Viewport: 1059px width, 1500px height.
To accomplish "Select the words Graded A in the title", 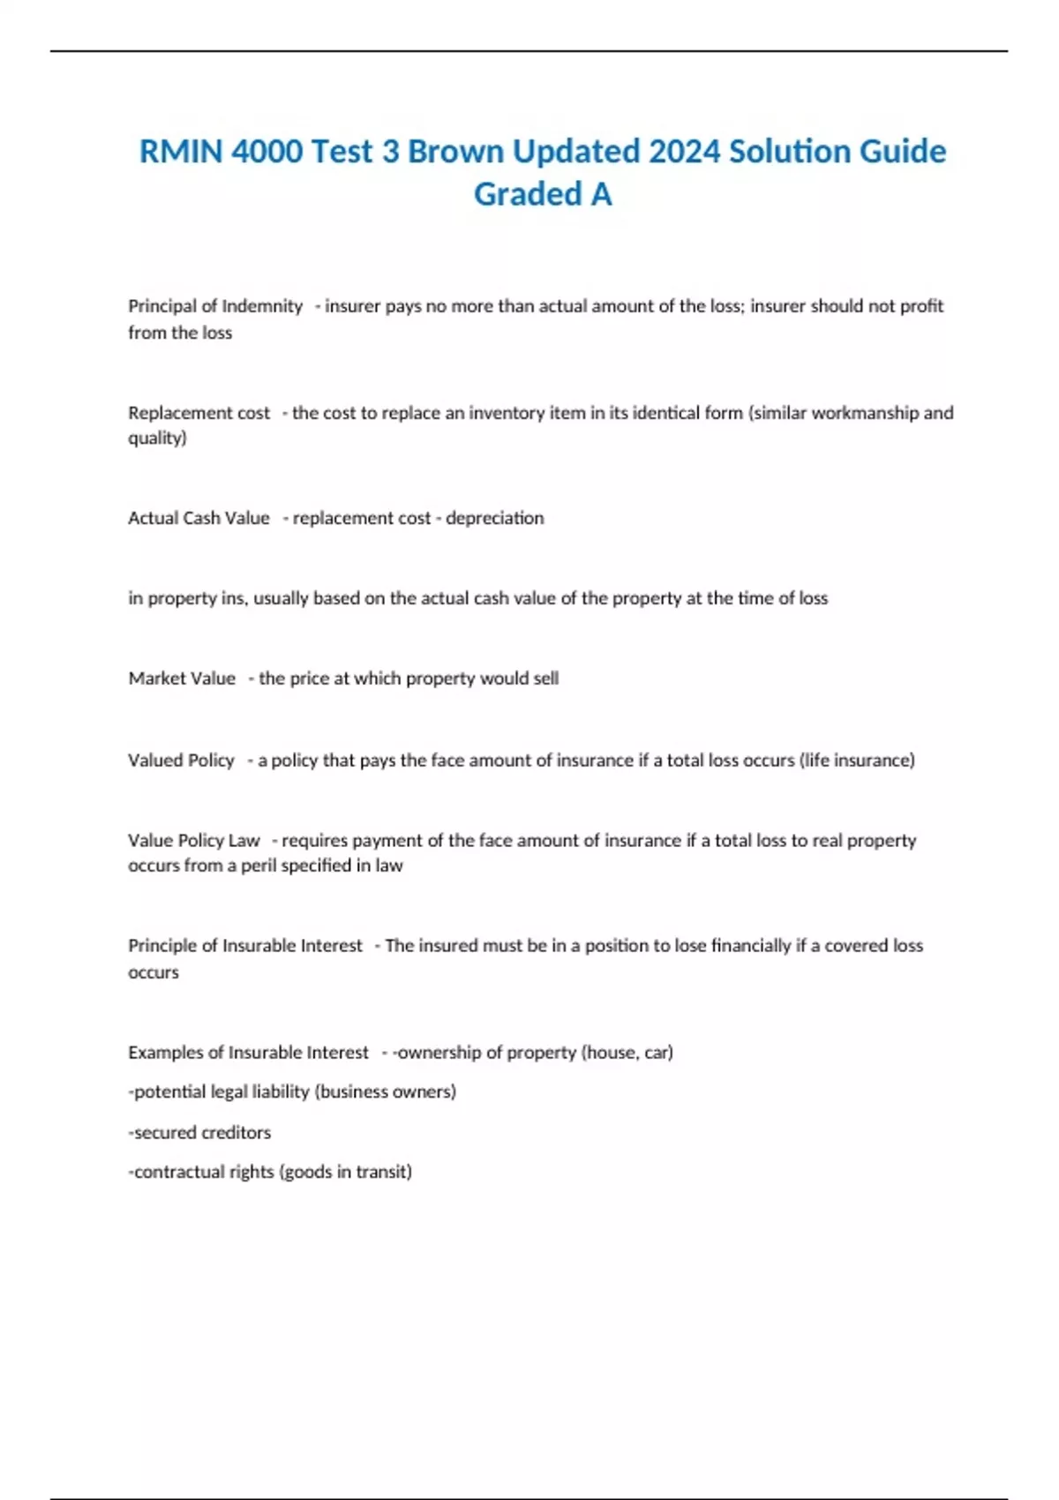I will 543,194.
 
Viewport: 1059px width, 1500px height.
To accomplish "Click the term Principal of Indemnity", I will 215,306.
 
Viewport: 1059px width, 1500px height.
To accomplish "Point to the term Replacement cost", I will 199,413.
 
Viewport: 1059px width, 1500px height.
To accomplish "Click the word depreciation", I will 494,518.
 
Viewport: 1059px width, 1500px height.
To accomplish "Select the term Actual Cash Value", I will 199,518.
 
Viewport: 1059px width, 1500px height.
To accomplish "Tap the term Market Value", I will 182,679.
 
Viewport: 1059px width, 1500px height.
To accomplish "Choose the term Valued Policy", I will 181,761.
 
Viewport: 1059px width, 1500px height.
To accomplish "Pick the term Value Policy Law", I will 194,841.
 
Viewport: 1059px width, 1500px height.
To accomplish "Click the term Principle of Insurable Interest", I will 245,946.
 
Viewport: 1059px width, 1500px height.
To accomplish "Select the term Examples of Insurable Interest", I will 248,1053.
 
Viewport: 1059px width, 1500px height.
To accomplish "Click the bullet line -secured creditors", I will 200,1133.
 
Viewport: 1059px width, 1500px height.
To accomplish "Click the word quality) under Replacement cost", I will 157,439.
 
